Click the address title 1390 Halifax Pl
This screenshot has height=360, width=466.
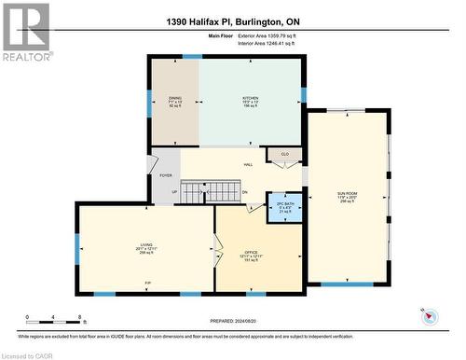point(232,21)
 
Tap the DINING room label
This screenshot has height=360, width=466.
point(175,100)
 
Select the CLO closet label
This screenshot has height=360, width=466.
point(285,155)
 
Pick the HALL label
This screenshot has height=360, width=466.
point(248,165)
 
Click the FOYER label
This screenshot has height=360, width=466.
point(166,174)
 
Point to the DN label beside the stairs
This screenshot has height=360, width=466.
point(245,193)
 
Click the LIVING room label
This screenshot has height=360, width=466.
point(146,249)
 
